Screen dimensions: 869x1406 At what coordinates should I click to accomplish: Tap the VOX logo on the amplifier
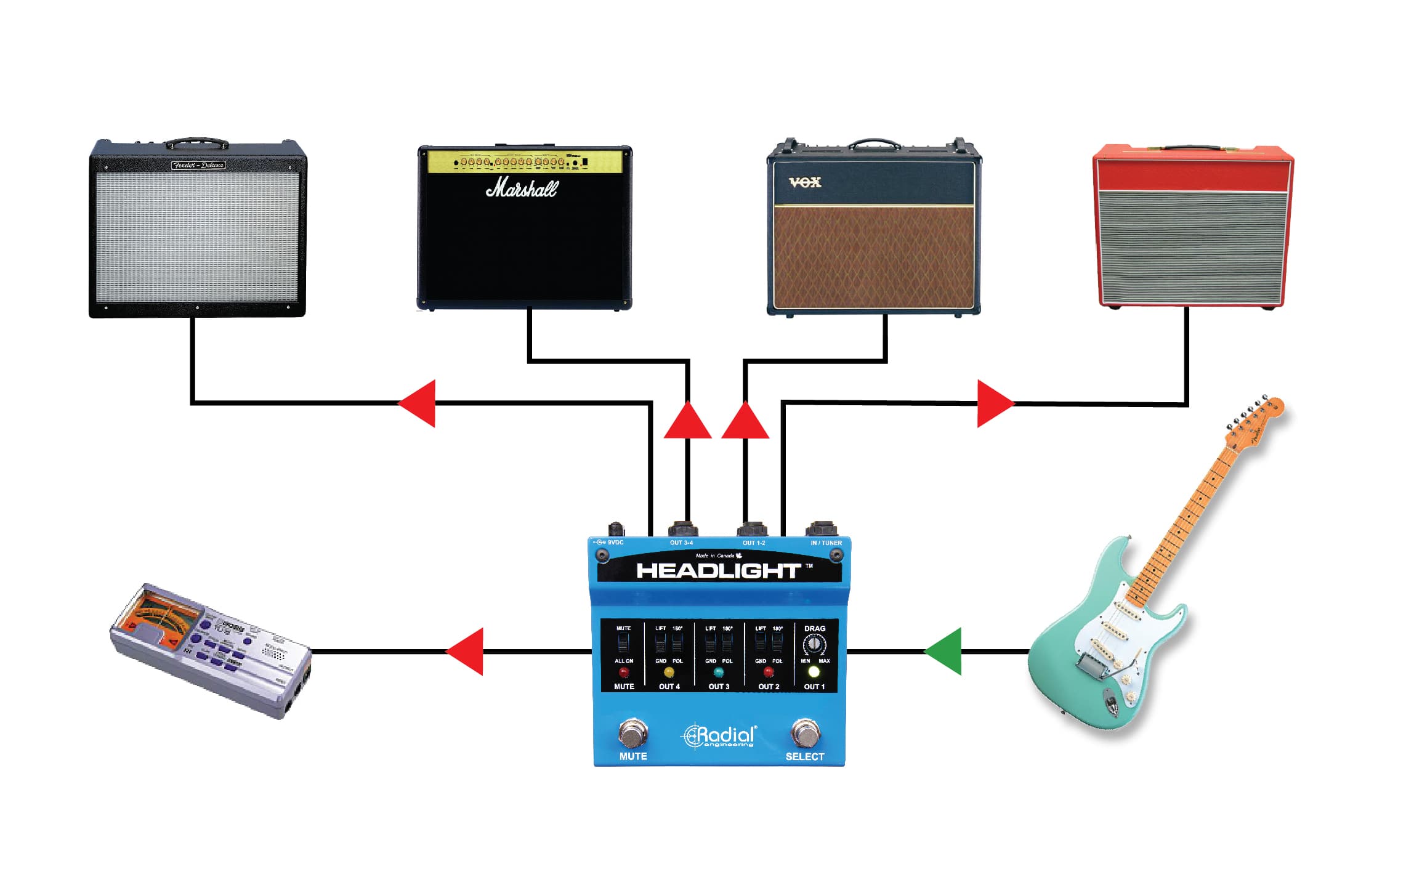tap(805, 182)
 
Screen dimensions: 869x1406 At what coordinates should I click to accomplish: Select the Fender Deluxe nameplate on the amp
tap(198, 165)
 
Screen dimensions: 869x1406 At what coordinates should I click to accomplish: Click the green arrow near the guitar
tap(945, 652)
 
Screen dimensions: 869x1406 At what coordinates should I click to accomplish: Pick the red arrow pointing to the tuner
tap(466, 652)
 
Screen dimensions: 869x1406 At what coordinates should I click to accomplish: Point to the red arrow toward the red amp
tap(994, 403)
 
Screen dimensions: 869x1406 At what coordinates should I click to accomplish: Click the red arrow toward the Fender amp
tap(419, 403)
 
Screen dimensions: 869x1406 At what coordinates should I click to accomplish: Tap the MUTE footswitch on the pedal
tap(632, 732)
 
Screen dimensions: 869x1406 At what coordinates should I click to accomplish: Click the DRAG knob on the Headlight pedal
tap(814, 644)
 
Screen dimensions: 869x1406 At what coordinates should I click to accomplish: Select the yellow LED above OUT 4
tap(669, 672)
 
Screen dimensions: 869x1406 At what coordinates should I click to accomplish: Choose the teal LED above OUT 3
tap(718, 672)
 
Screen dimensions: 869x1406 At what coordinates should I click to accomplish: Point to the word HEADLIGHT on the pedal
tap(718, 571)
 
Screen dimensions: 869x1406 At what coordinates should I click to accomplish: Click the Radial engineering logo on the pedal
tap(719, 735)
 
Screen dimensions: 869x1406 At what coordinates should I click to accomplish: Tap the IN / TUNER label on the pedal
tap(826, 543)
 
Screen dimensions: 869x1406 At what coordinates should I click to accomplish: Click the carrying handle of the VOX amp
tap(875, 144)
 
